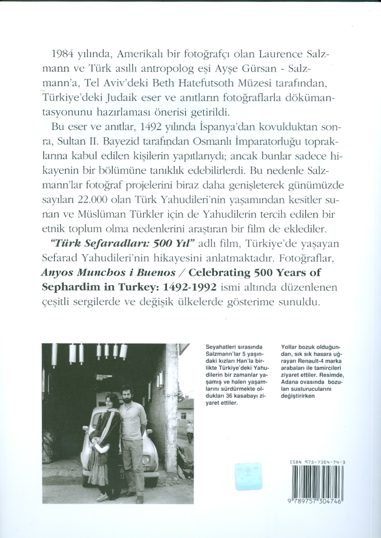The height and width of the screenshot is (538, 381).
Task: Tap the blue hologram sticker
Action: [x=248, y=476]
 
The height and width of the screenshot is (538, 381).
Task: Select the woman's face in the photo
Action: [x=110, y=400]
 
